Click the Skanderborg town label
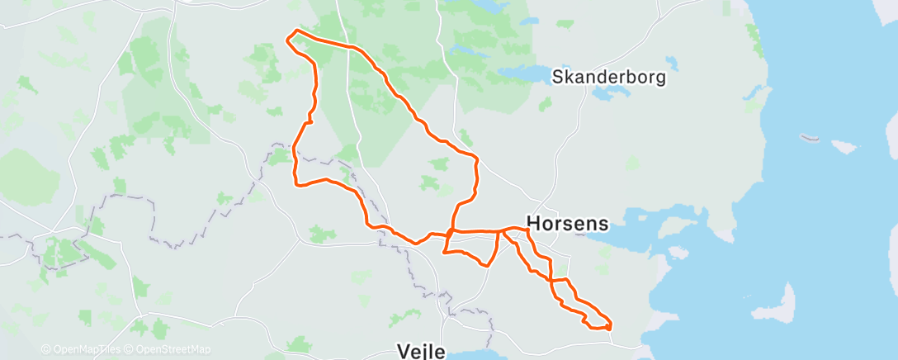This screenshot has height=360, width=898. [x=608, y=78]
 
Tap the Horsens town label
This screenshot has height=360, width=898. [x=568, y=223]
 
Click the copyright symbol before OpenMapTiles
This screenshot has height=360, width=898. [x=45, y=349]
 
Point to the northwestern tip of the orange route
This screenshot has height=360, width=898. [x=287, y=36]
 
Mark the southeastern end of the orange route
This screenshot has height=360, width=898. [x=609, y=327]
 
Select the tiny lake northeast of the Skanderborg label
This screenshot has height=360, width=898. [x=672, y=62]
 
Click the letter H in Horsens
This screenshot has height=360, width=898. [x=534, y=223]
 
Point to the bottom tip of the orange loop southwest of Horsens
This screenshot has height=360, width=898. [x=489, y=265]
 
